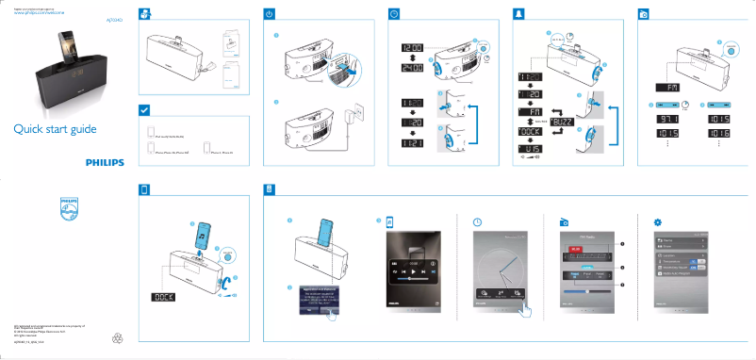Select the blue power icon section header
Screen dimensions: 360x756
click(x=270, y=15)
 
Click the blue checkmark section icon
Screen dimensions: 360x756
click(x=144, y=110)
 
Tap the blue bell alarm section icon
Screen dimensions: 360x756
click(x=518, y=15)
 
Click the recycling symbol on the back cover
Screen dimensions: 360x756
click(x=117, y=336)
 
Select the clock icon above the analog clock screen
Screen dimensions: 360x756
click(x=477, y=222)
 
